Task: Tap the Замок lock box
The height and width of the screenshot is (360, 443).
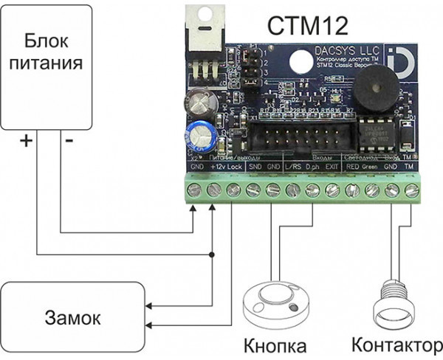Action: point(71,319)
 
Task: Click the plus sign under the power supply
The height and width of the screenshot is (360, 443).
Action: point(24,142)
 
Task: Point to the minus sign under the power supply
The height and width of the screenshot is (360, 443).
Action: point(69,142)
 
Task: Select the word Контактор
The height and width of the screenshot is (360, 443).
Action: point(397,345)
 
